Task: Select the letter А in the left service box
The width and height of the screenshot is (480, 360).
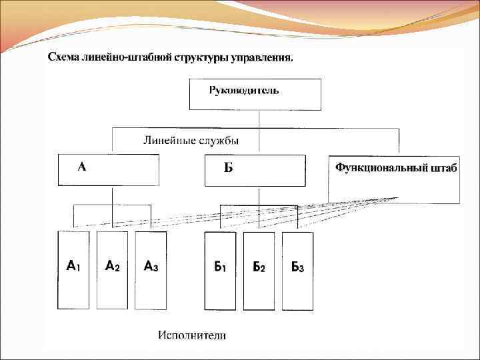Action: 81,167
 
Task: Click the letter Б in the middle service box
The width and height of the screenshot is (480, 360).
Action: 228,168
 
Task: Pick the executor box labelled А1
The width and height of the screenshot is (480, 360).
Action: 73,270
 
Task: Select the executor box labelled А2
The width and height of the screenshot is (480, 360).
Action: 112,270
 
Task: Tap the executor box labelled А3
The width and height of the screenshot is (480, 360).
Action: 151,270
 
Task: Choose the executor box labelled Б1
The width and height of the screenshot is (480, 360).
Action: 220,270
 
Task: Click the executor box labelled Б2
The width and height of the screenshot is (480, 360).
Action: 259,270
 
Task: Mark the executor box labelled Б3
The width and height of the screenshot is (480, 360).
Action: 297,270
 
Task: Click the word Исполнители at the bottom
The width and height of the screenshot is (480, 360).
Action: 192,335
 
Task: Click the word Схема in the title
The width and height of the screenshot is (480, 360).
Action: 62,57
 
